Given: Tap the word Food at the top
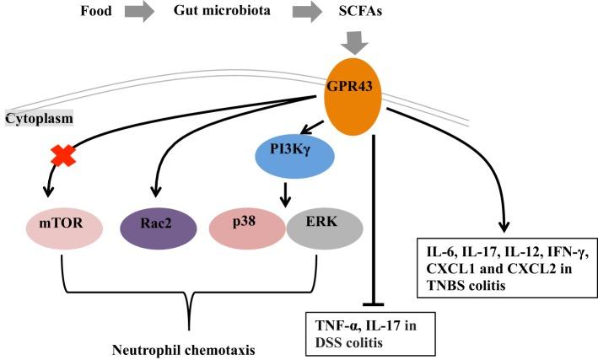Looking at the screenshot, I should [96, 14].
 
